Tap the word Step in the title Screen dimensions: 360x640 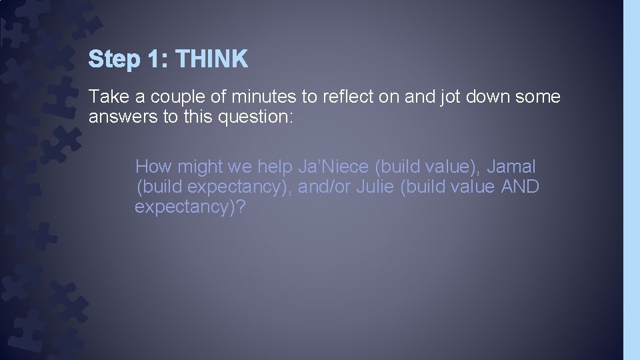[x=114, y=60]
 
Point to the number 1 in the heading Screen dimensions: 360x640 [x=154, y=60]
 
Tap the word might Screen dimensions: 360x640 [x=199, y=167]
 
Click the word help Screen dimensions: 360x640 [x=275, y=167]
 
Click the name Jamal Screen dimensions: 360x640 [x=511, y=167]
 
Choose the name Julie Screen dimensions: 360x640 [x=375, y=187]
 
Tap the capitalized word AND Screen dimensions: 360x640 [x=519, y=187]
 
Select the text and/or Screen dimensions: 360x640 [x=325, y=187]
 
